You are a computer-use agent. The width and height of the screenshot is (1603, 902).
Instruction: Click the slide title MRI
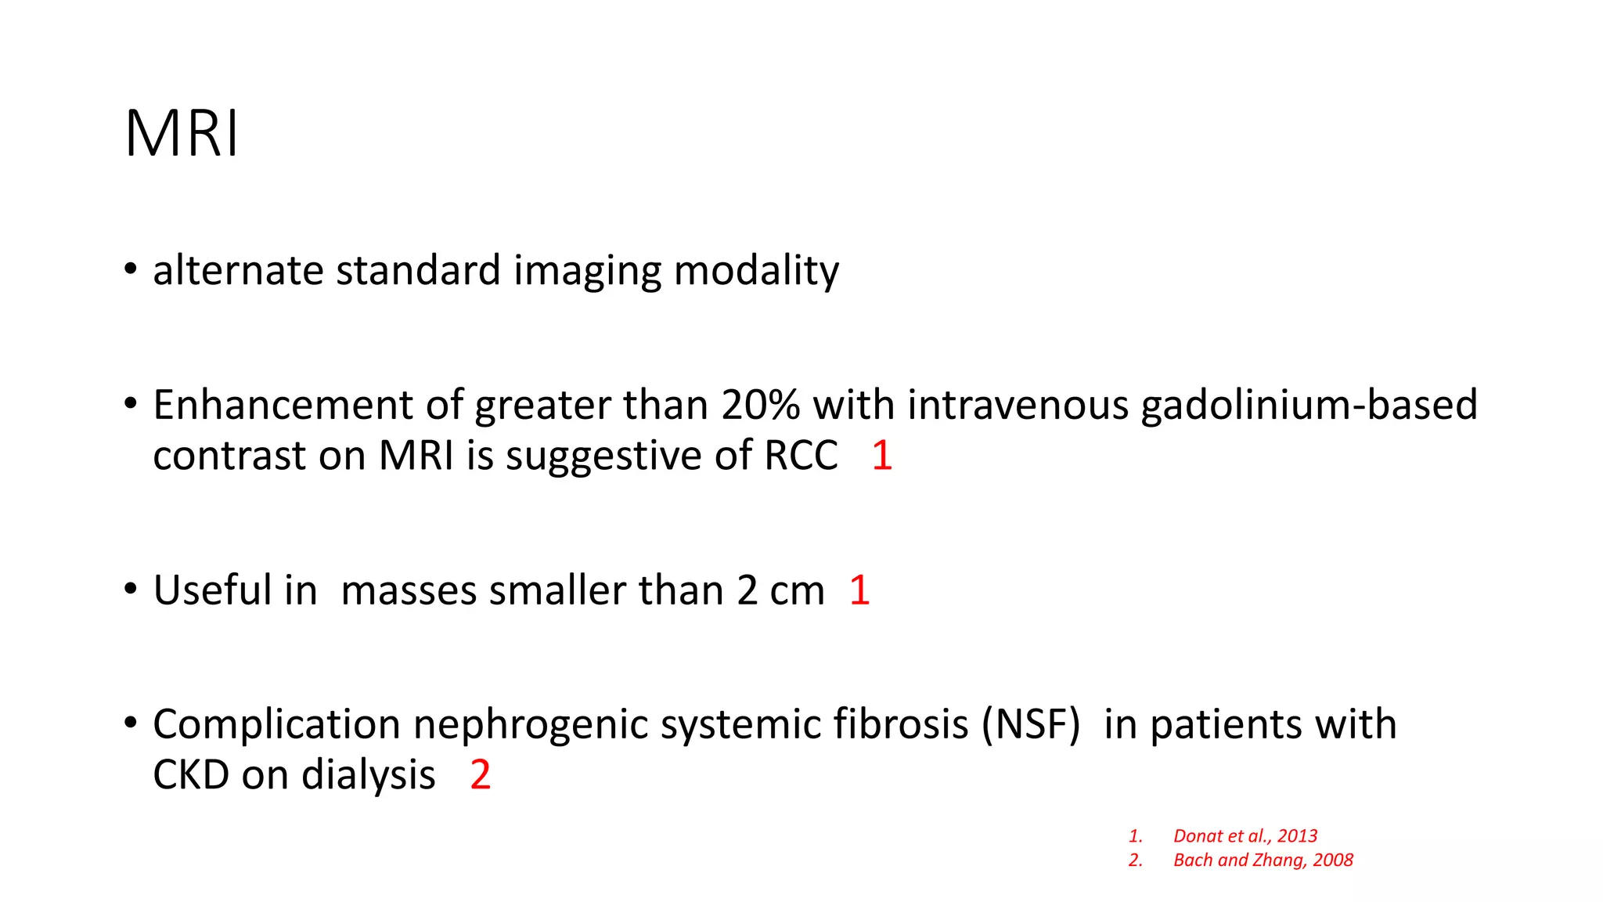pos(182,134)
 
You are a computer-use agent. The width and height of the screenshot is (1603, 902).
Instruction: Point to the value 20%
pos(760,405)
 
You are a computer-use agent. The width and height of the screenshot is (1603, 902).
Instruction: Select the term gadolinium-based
pos(1309,405)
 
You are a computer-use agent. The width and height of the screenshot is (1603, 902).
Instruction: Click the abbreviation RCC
pos(801,456)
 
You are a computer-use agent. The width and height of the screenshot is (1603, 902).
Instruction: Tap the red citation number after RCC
pos(881,456)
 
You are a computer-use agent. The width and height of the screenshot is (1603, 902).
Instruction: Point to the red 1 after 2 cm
pos(859,590)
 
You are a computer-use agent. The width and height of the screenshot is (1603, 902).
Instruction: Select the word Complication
pos(277,724)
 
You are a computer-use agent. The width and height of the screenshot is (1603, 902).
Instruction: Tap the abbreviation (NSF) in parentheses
pos(1031,724)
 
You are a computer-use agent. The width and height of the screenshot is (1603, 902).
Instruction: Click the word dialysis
pos(368,775)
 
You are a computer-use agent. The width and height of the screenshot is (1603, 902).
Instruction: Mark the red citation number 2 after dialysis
pos(480,775)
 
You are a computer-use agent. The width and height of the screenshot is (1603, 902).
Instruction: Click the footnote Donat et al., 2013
pos(1245,836)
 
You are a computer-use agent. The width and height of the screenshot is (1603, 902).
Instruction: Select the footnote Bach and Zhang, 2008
pos(1263,861)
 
